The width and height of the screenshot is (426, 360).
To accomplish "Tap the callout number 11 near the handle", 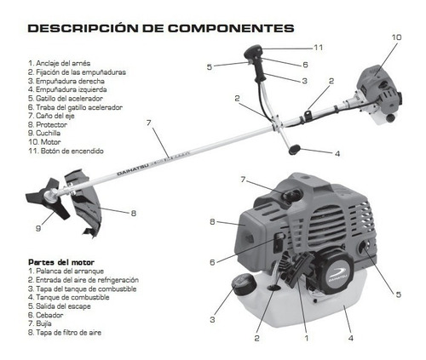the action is click(319, 48).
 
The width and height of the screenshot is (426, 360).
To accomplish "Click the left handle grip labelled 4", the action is click(294, 150).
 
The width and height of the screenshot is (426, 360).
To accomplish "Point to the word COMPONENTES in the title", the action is click(231, 28).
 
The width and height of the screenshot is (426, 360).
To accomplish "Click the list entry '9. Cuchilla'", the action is click(44, 133).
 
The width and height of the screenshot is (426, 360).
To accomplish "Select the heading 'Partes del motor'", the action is click(61, 262).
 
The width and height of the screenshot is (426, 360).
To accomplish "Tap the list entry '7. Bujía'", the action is click(40, 323).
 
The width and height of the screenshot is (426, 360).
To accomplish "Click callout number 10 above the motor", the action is click(396, 37).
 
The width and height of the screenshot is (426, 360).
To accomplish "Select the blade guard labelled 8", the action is click(83, 203).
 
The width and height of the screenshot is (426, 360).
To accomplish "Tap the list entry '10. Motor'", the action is click(44, 142).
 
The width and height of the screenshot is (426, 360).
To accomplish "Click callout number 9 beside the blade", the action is click(38, 228).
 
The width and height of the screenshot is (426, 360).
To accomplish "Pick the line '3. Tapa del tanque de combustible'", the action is click(83, 289).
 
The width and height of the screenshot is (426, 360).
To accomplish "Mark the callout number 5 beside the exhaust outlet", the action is click(399, 294).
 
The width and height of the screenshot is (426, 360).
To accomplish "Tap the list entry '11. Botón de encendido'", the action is click(66, 151).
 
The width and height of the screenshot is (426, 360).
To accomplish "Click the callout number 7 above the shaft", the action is click(149, 123).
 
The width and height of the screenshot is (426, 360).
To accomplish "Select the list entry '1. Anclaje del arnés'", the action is click(60, 63).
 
